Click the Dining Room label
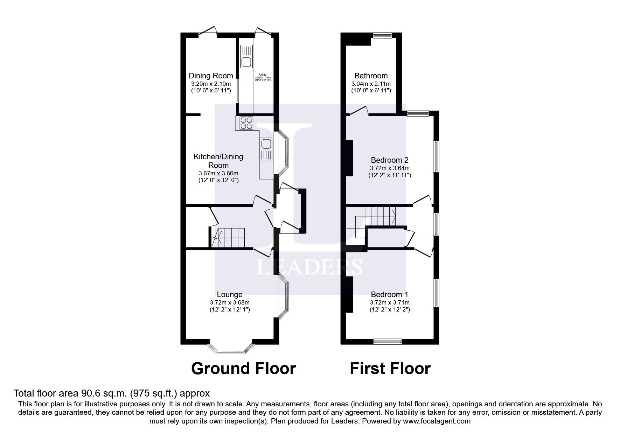211,76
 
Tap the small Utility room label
263,75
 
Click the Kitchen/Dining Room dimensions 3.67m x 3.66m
218,173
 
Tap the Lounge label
230,294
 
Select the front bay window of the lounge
231,349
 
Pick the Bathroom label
371,76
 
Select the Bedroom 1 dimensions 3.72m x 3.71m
390,302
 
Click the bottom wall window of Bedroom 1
387,341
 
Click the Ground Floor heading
243,369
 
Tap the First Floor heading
390,369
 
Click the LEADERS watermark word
309,267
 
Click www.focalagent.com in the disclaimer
437,421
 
